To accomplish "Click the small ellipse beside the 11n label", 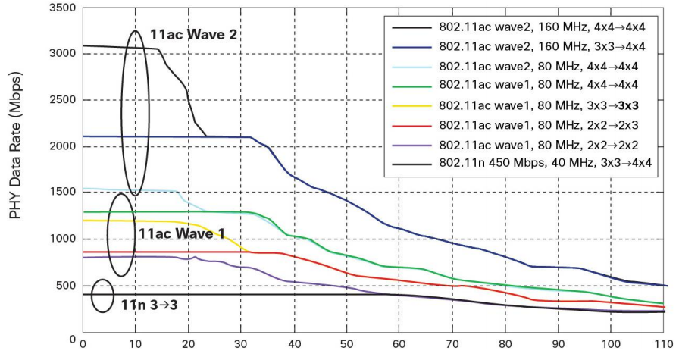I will [x=102, y=296].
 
